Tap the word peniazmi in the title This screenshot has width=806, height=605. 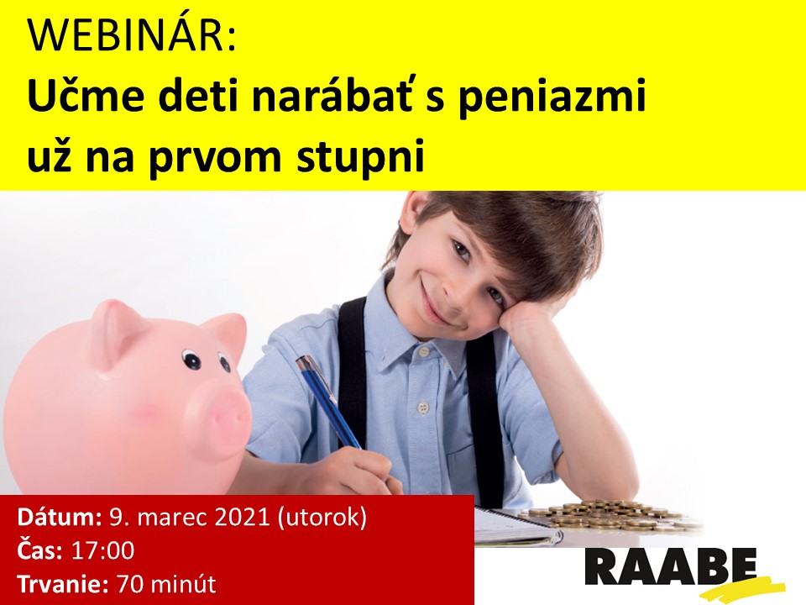tap(552, 97)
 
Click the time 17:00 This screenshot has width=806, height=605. tap(102, 550)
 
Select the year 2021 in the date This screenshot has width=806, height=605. tap(242, 517)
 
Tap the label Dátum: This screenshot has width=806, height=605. tap(60, 517)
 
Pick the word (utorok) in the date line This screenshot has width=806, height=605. tap(322, 518)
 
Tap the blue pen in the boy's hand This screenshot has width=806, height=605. tap(328, 402)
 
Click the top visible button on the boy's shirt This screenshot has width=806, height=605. tap(423, 352)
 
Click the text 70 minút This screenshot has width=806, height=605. tap(166, 584)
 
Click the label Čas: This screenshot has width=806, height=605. tap(40, 550)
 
